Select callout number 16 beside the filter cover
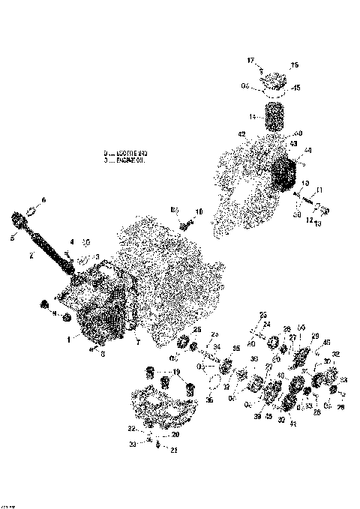[294, 66]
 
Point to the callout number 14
[253, 116]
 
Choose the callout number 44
[307, 150]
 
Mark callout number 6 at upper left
[43, 199]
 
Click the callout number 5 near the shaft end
[13, 239]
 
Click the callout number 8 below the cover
[103, 355]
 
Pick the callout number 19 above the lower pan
[176, 372]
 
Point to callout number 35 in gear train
[236, 349]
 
